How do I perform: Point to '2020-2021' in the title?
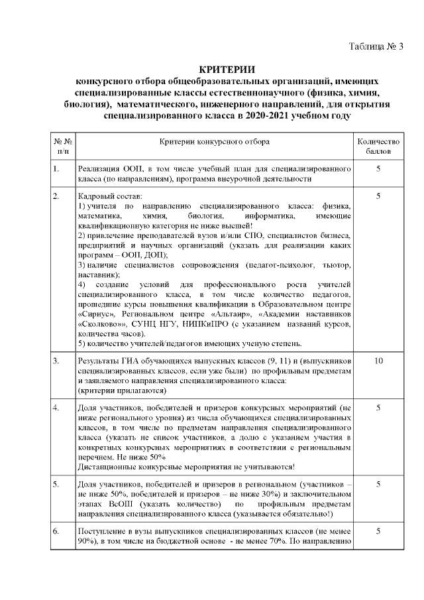[269, 115]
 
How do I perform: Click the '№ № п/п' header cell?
[60, 147]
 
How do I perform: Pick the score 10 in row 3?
[378, 361]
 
